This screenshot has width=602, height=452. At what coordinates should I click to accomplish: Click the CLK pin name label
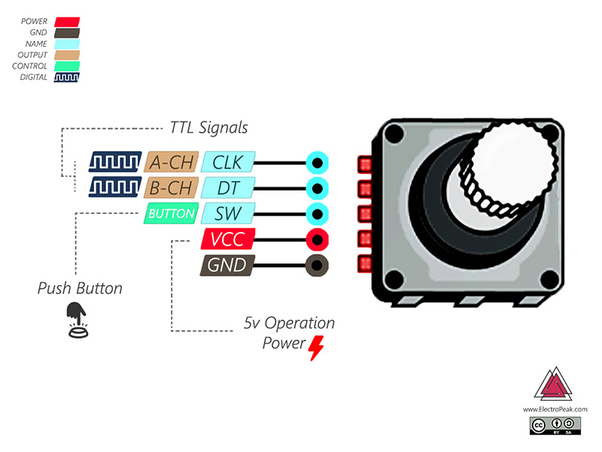[228, 162]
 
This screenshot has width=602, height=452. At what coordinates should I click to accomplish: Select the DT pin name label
[228, 188]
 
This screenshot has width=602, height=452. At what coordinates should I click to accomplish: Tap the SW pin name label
[228, 213]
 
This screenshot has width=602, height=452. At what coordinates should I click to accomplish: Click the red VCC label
[228, 240]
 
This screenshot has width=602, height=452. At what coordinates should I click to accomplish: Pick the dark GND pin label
[227, 265]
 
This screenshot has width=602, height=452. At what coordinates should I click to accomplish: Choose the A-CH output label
[172, 162]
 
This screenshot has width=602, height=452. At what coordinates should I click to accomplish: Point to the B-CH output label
[172, 188]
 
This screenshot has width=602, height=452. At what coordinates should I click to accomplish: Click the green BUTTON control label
[171, 214]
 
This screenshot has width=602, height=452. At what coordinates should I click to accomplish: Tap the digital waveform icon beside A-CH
[115, 162]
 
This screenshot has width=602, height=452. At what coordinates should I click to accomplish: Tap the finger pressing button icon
[76, 319]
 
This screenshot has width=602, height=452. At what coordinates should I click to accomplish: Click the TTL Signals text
[208, 128]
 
